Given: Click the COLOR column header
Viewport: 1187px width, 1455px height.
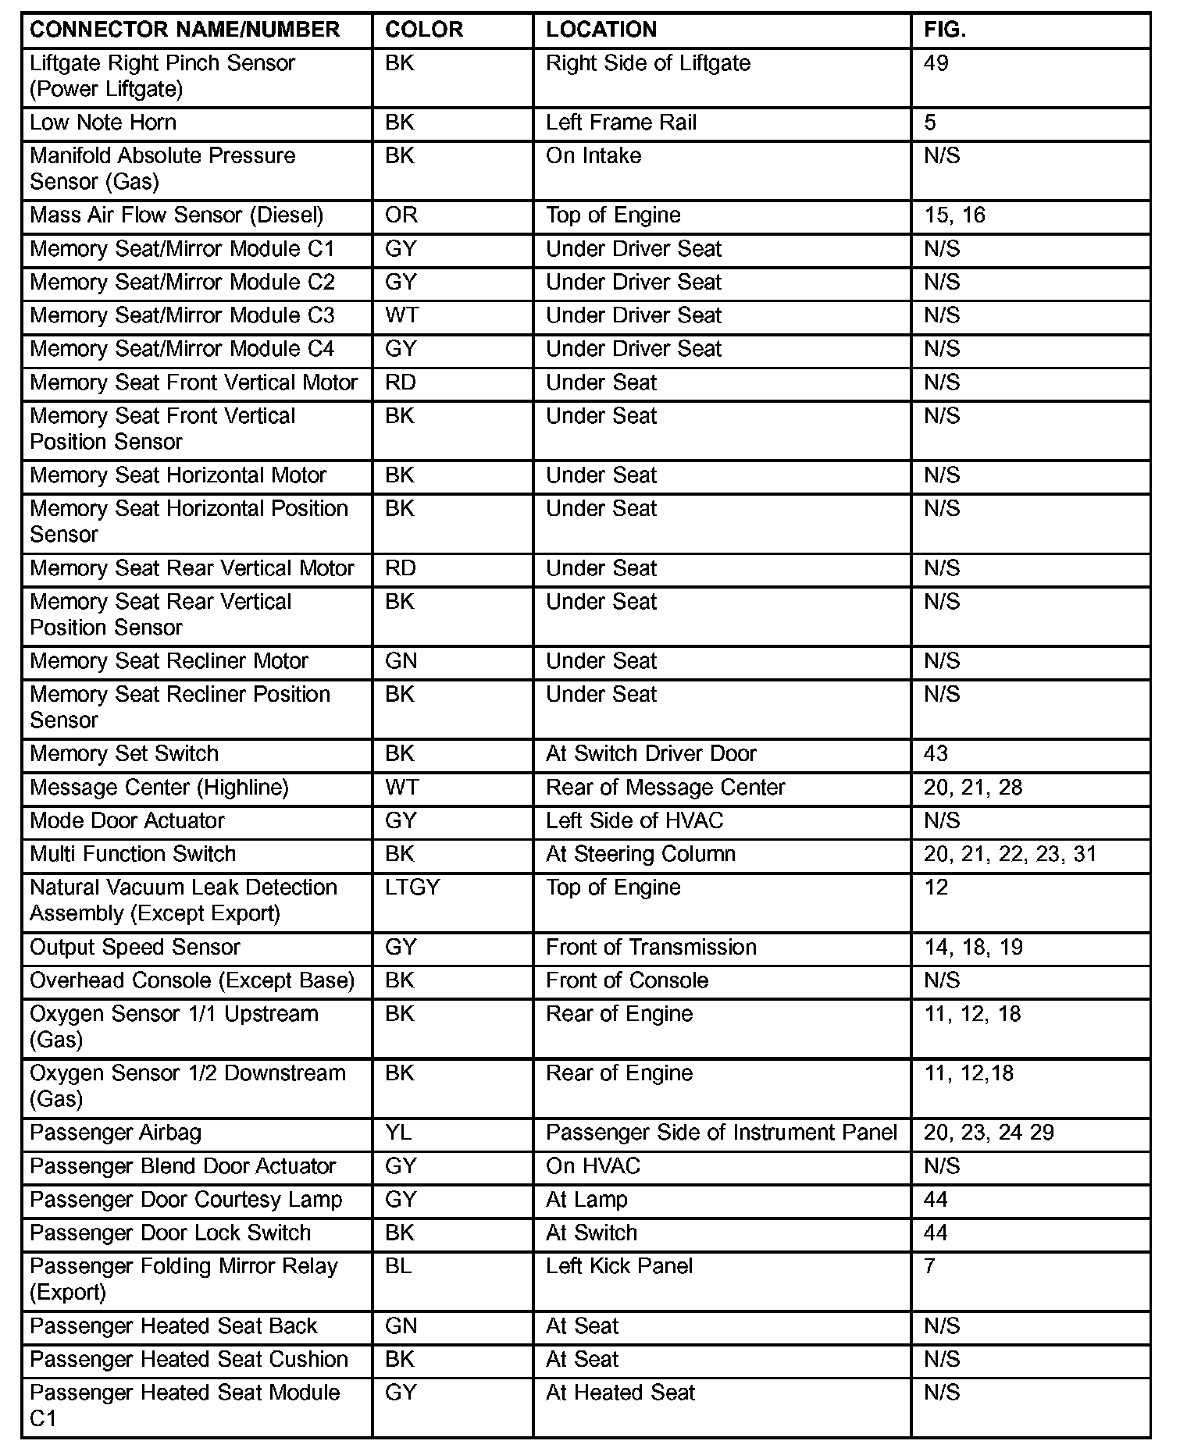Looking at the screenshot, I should [424, 30].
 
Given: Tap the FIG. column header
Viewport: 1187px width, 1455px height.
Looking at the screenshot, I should [945, 30].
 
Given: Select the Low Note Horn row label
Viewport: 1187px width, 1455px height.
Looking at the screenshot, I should [103, 123].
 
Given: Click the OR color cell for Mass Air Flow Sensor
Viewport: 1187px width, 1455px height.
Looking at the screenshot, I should [401, 215].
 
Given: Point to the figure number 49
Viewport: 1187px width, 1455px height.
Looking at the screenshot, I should [936, 63].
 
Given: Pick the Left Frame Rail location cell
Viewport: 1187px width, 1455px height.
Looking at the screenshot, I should [621, 123].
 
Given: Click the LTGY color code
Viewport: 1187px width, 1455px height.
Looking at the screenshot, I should [412, 888].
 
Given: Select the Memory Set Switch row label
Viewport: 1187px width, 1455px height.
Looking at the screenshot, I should [124, 754].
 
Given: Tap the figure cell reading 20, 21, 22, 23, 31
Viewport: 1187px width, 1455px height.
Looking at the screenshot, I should [1010, 854].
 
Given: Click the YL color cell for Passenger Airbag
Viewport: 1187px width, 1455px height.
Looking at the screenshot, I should [398, 1133].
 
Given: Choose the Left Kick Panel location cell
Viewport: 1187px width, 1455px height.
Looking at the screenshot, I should [619, 1266].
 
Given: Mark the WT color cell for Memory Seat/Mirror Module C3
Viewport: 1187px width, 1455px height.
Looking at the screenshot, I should [402, 315].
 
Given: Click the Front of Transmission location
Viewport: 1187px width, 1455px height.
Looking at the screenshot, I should [651, 948].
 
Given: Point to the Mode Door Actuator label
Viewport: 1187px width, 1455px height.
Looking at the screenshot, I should [127, 821].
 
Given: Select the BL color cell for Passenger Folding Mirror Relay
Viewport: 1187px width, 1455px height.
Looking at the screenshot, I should [398, 1266].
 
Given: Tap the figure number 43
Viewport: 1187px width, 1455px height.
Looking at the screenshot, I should [936, 754].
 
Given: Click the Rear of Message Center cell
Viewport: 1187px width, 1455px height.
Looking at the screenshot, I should [665, 788].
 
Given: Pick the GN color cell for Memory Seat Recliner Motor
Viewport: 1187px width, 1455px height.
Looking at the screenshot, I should [401, 661].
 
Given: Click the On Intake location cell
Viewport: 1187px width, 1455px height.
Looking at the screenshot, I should [593, 156].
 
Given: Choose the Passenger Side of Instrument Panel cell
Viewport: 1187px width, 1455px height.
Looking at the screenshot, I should [722, 1133].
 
